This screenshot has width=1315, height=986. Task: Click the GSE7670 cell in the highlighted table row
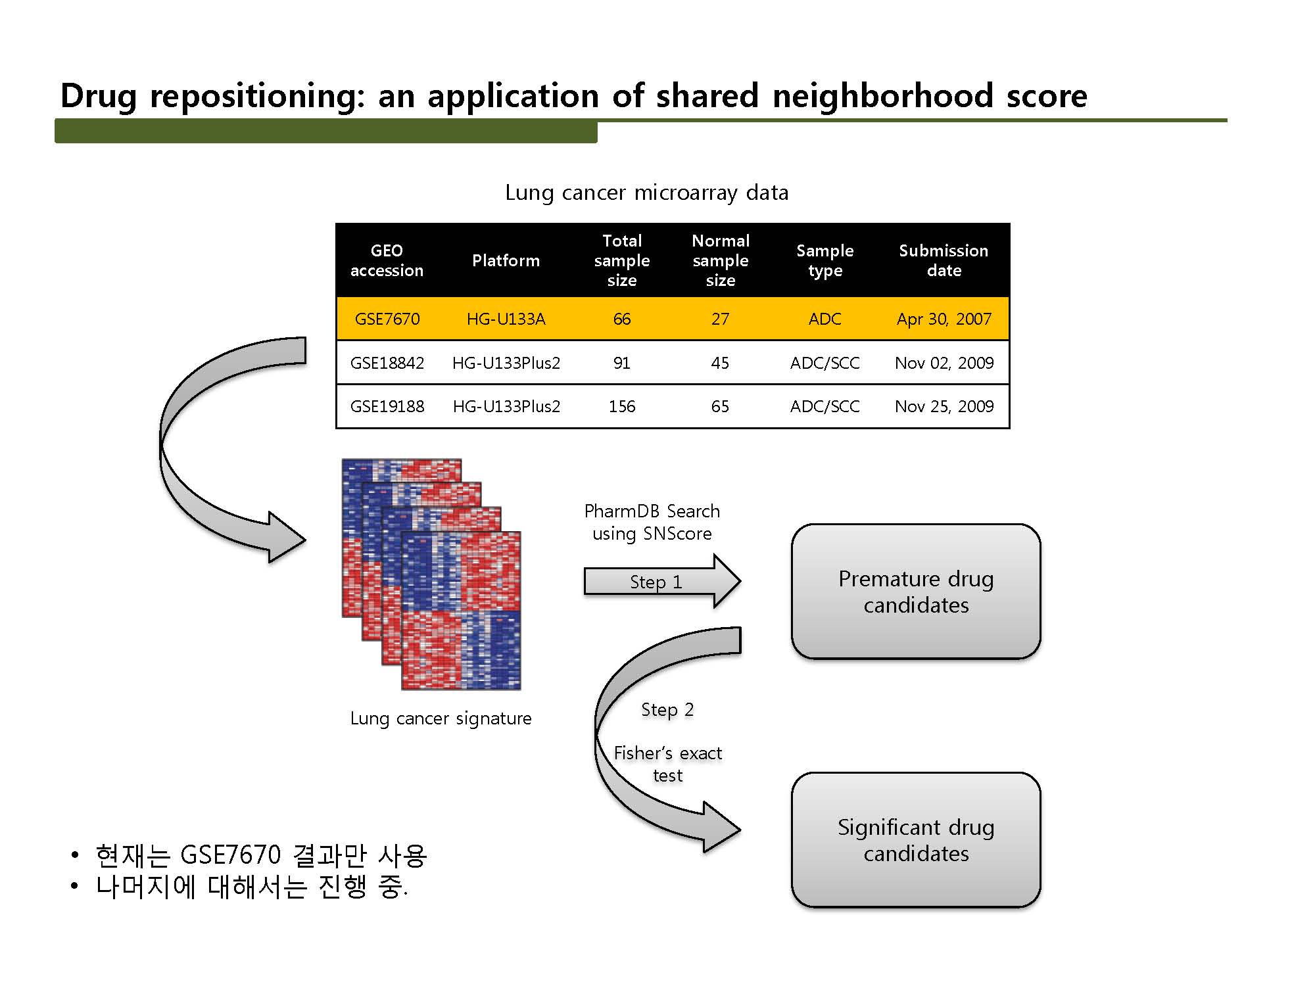[x=387, y=319]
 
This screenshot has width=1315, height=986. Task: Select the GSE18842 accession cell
[x=387, y=363]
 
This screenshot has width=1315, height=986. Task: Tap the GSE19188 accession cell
[x=387, y=406]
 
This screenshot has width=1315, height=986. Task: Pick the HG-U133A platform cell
[x=506, y=319]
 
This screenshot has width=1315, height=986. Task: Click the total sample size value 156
[x=622, y=406]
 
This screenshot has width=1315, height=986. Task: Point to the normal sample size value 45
[x=720, y=363]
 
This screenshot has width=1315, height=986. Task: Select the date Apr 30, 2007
[x=944, y=319]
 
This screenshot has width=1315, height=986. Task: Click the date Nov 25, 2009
[x=944, y=406]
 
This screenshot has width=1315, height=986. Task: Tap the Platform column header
[x=506, y=260]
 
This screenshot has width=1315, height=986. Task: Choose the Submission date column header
[x=944, y=260]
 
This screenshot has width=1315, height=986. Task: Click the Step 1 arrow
[x=662, y=581]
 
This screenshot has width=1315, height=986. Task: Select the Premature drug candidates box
[x=916, y=592]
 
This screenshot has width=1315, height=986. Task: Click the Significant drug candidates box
[x=916, y=840]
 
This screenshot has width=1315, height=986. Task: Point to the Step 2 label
[x=667, y=710]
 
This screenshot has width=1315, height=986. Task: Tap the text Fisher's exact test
[x=668, y=764]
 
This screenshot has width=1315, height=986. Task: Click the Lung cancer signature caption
[x=441, y=718]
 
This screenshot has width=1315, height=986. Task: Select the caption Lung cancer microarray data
[x=647, y=193]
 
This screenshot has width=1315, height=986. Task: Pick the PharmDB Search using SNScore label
[x=652, y=522]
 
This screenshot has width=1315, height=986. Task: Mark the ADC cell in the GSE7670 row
[x=825, y=319]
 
